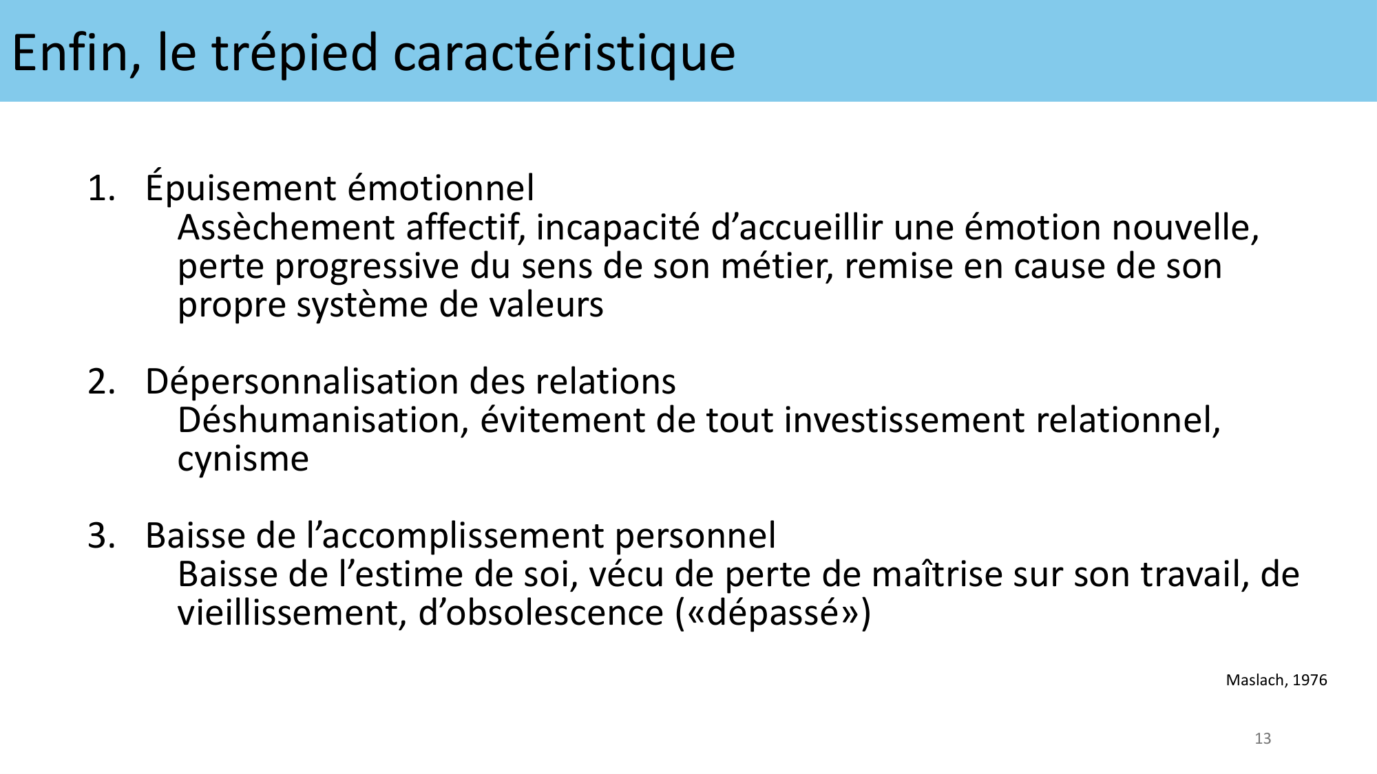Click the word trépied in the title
click(295, 53)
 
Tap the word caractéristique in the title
click(564, 53)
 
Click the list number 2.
click(102, 382)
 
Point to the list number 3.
click(102, 536)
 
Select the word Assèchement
click(286, 228)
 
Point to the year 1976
click(1310, 680)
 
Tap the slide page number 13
click(1263, 739)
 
